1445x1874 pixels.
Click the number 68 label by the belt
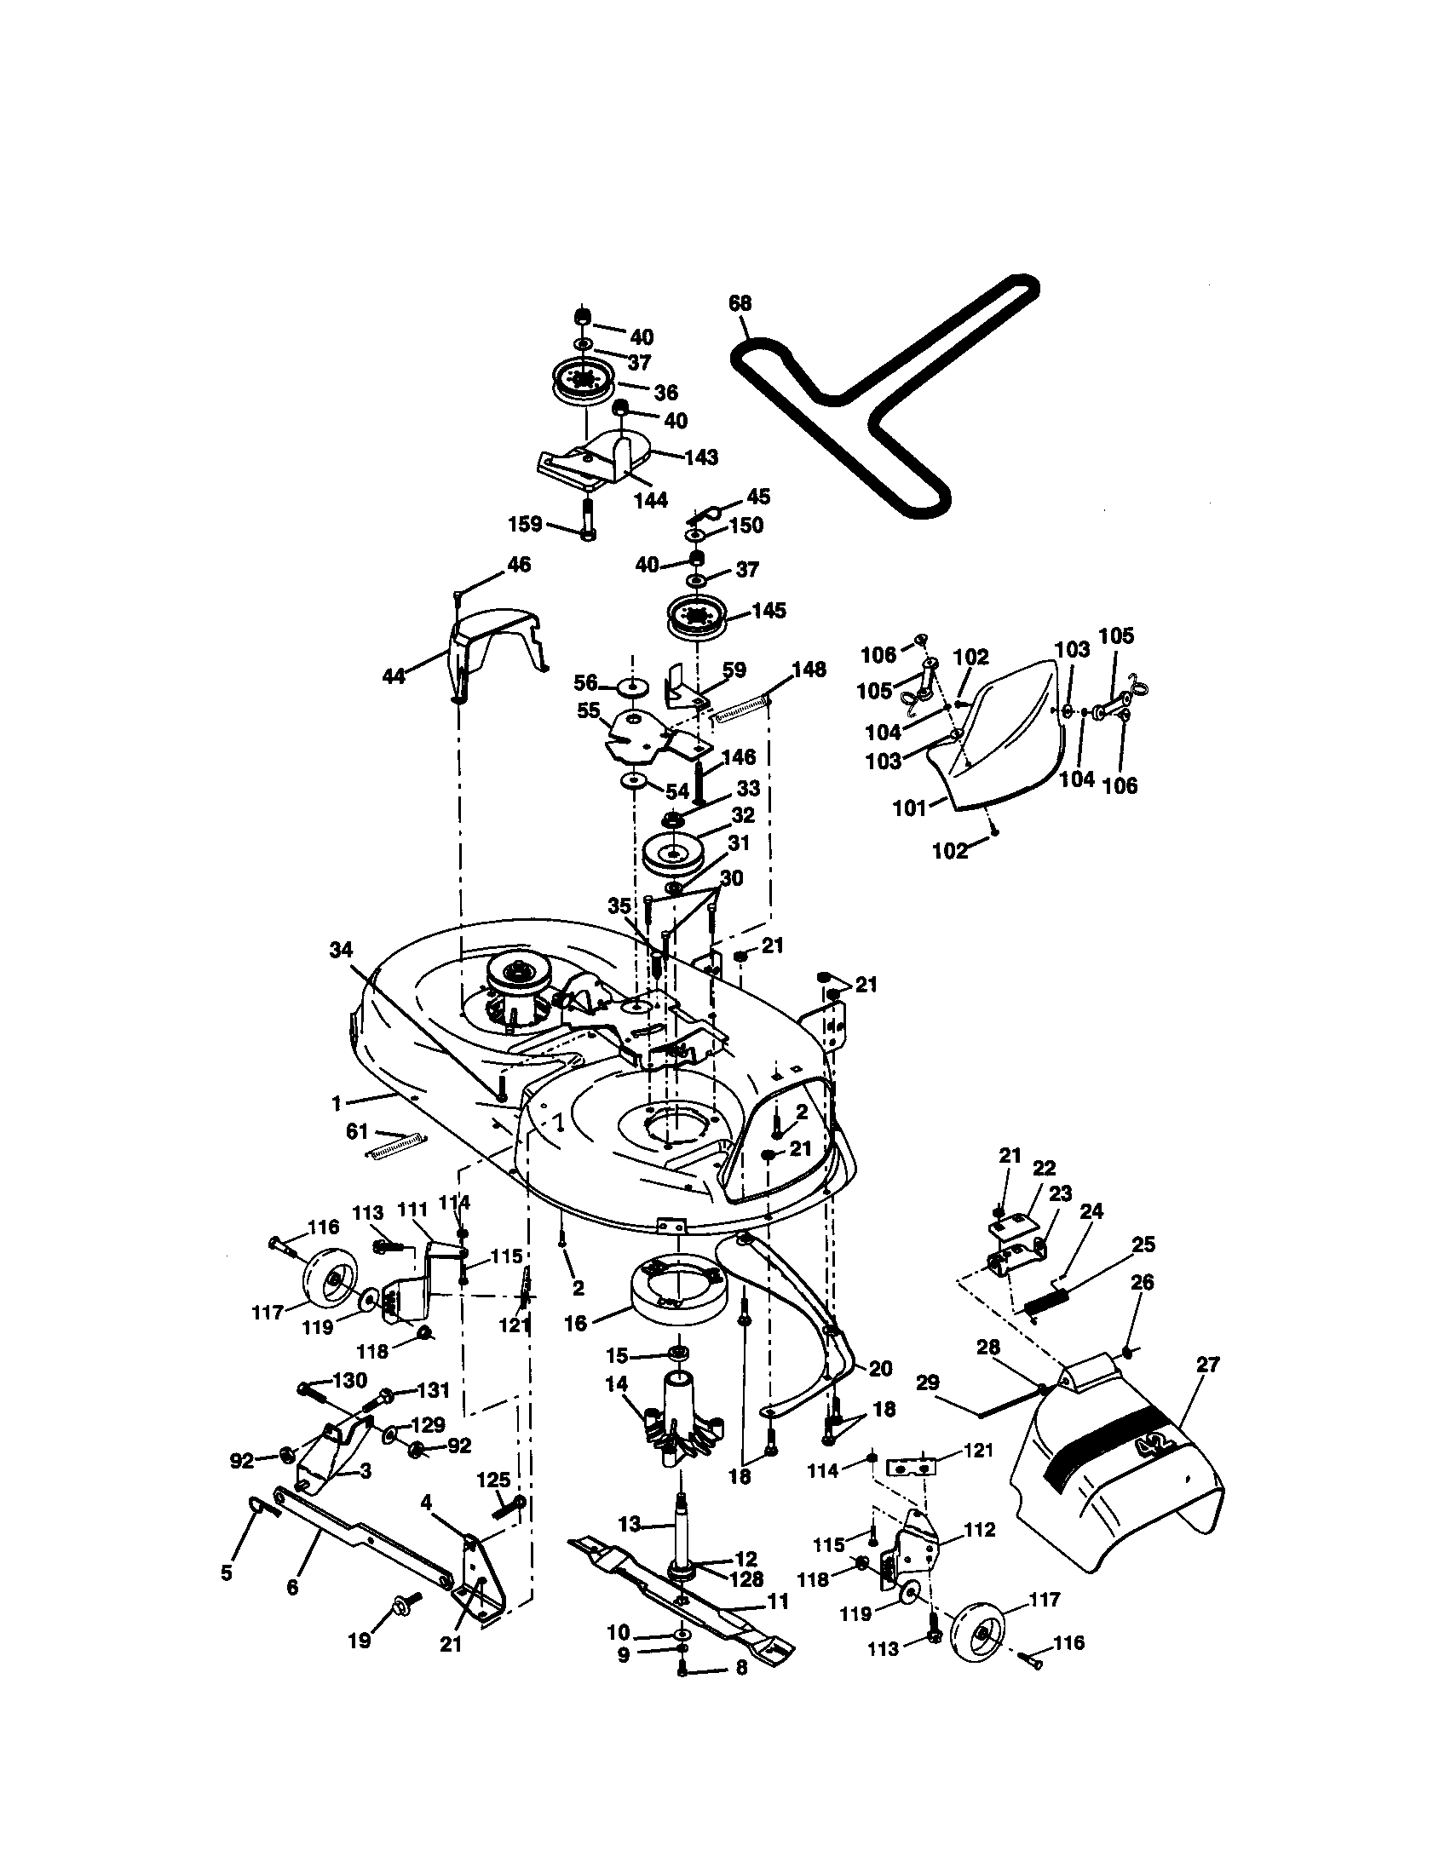[740, 303]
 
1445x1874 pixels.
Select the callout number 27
[1207, 1365]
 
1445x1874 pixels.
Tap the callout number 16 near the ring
[576, 1323]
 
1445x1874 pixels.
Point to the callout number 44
[394, 677]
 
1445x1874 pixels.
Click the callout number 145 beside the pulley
[768, 611]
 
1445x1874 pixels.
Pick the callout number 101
[910, 808]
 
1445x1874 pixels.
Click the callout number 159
[525, 523]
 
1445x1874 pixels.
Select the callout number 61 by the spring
[357, 1134]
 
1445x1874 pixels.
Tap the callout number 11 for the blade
[777, 1601]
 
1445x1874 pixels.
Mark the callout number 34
[341, 949]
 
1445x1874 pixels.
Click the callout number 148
[809, 670]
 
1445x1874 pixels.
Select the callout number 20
[880, 1369]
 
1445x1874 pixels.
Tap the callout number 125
[493, 1480]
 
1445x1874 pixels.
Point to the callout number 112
[979, 1530]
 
